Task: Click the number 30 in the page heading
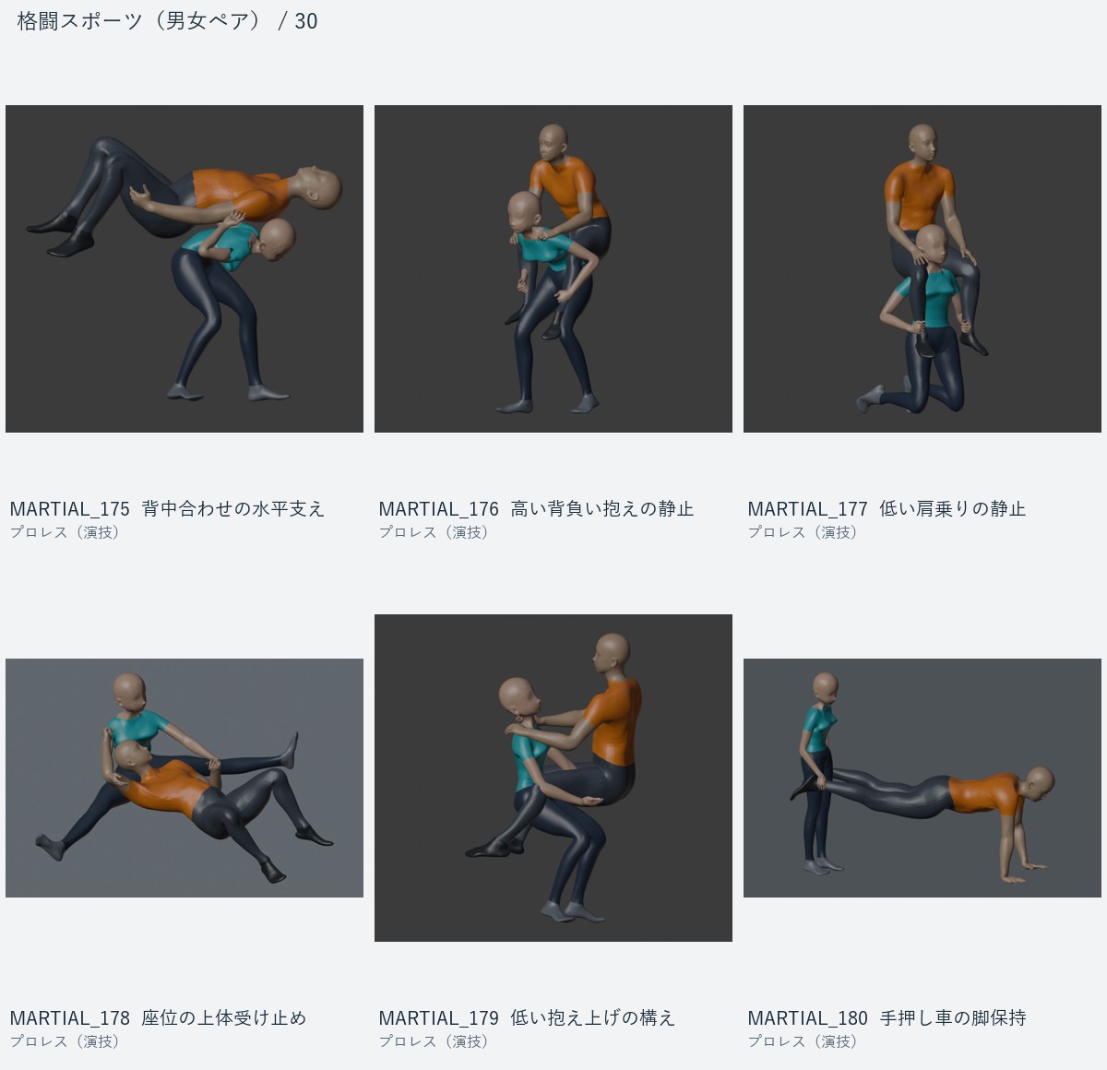(x=306, y=21)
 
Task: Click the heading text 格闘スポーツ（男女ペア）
(x=139, y=21)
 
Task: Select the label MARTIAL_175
(x=70, y=508)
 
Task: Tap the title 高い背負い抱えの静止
(x=601, y=508)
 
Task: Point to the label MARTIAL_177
(x=808, y=508)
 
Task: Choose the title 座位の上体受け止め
(x=223, y=1017)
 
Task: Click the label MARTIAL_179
(x=438, y=1017)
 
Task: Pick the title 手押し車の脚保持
(x=953, y=1017)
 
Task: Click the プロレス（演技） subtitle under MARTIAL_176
(x=433, y=532)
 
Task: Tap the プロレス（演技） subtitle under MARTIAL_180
(x=802, y=1041)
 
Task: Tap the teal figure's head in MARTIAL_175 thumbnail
(x=277, y=240)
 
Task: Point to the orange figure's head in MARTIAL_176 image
(x=553, y=142)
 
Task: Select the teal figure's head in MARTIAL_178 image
(x=129, y=693)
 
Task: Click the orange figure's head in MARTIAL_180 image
(x=1039, y=784)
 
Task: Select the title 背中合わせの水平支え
(x=233, y=508)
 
